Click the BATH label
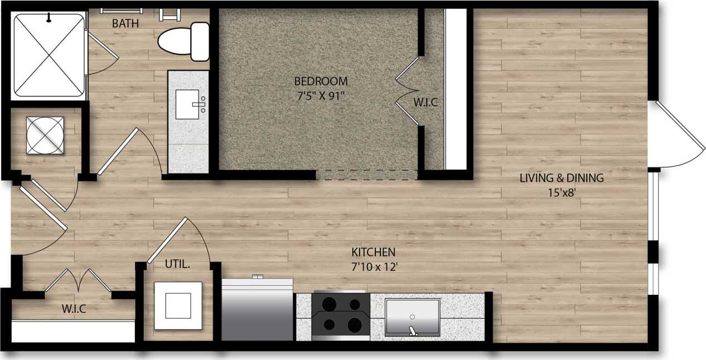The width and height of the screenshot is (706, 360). (x=125, y=24)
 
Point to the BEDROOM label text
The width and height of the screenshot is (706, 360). (x=321, y=81)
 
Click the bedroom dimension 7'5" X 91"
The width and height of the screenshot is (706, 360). (x=321, y=95)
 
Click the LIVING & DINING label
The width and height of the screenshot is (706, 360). (x=561, y=179)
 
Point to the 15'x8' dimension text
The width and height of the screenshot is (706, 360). (x=561, y=193)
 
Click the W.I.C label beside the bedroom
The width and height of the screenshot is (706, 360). (x=425, y=103)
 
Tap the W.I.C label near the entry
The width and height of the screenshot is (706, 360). (x=74, y=309)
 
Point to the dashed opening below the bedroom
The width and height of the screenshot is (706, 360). (x=366, y=175)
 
